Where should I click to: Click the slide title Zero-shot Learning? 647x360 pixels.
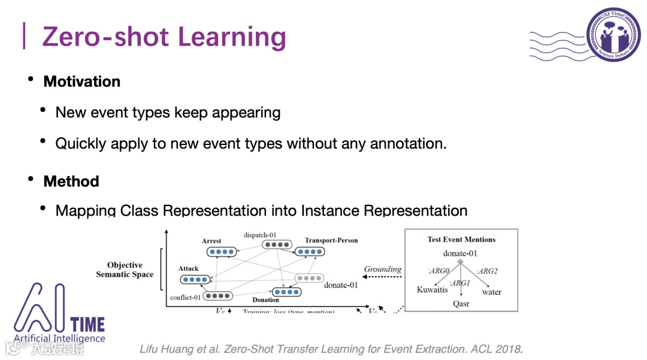164,37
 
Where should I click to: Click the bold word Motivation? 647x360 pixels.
81,81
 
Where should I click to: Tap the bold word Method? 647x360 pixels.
71,181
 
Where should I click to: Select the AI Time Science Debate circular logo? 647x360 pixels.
613,35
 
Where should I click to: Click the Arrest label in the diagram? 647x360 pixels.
211,241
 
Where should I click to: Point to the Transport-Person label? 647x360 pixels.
331,240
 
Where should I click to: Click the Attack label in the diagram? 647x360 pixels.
189,269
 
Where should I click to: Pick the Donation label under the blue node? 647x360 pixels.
265,300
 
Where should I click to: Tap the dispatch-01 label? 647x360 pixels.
261,235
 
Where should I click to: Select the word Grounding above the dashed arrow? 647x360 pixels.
383,269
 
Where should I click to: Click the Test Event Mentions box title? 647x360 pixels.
461,239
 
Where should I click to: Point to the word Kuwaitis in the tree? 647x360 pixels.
432,290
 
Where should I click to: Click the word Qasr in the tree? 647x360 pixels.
461,304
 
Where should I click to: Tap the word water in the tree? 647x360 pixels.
492,292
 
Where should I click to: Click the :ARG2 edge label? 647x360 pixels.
486,271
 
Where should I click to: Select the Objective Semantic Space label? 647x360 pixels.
125,270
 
